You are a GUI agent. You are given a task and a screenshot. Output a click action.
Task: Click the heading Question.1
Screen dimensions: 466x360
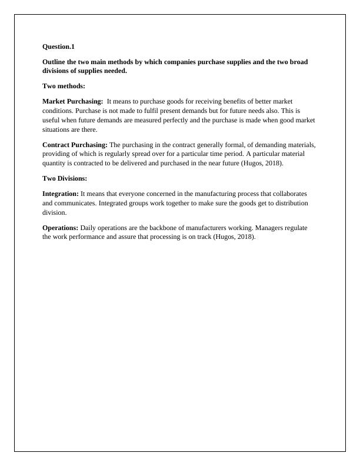coord(59,46)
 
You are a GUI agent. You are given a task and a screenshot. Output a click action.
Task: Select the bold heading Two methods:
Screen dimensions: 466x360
coord(64,86)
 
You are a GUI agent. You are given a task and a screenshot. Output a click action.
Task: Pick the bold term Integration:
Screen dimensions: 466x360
coord(61,193)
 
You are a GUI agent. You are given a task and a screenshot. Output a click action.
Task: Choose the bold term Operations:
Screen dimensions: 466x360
coord(61,227)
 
